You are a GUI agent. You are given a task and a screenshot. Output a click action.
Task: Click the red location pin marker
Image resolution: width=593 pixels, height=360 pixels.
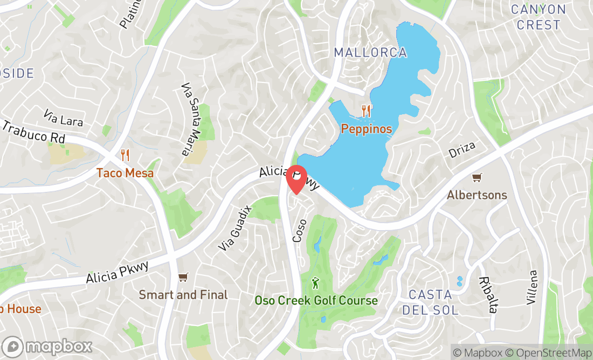click(296, 179)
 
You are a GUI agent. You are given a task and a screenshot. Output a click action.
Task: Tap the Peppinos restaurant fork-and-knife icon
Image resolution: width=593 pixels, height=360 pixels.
click(366, 112)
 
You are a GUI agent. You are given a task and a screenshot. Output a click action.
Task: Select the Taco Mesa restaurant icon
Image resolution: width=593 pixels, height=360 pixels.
click(125, 155)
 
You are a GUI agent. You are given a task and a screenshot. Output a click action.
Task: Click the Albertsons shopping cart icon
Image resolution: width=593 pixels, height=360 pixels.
click(477, 177)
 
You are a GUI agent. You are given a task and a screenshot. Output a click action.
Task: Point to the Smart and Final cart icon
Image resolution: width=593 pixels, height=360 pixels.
click(183, 277)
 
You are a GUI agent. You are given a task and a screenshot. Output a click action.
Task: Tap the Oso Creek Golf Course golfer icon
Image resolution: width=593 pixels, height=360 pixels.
click(316, 283)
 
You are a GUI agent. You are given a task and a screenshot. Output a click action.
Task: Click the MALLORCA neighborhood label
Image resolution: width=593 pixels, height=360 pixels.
click(370, 53)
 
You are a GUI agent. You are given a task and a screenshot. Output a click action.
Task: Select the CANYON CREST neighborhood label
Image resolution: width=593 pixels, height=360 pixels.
click(538, 17)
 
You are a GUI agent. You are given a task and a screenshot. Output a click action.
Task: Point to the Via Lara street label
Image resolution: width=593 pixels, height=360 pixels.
click(64, 119)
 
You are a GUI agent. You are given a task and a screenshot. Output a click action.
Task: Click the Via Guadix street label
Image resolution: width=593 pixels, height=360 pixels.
click(235, 228)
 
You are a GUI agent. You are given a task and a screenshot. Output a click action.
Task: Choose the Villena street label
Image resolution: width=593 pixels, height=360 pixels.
click(533, 287)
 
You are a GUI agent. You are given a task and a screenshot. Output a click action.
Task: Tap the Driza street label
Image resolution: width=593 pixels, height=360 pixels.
click(463, 150)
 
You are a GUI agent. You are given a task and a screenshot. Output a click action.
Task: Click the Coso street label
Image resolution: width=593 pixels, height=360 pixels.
click(299, 230)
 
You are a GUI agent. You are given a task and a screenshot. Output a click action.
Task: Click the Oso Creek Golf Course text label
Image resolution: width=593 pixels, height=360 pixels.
click(316, 301)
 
